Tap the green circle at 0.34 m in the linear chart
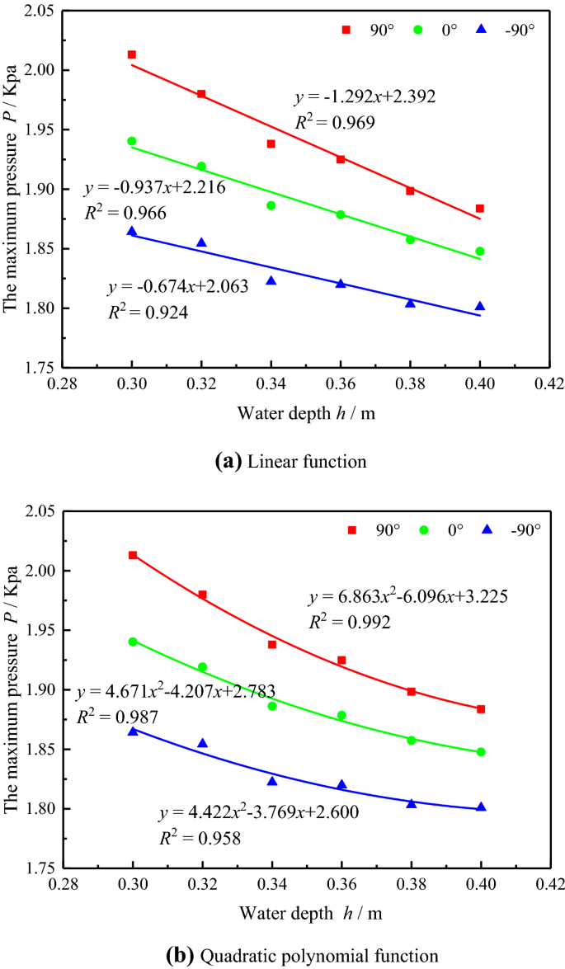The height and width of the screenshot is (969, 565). (x=271, y=205)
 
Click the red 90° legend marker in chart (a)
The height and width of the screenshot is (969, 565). (x=346, y=30)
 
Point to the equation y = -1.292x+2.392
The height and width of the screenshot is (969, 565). (x=365, y=97)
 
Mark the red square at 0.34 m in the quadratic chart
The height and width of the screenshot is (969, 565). (x=272, y=644)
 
